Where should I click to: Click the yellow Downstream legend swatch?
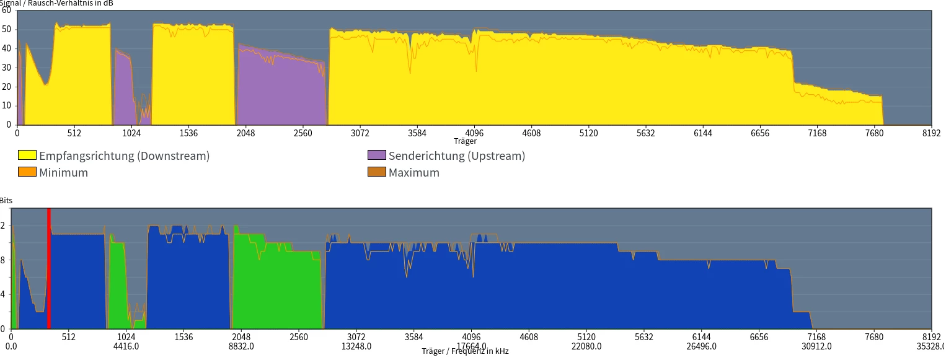[x=27, y=156]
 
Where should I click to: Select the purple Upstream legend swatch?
[x=377, y=156]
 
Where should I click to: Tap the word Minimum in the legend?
[x=63, y=172]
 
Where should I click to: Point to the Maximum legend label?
[x=413, y=172]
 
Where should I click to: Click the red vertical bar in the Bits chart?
[x=48, y=268]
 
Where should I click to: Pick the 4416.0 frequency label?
[x=126, y=346]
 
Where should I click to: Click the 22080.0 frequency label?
[x=586, y=346]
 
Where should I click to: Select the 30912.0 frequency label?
[x=816, y=346]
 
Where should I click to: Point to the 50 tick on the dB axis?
[x=7, y=29]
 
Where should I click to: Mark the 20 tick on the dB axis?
[x=7, y=87]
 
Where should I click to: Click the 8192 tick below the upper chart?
[x=931, y=133]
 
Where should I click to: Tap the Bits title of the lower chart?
[x=6, y=201]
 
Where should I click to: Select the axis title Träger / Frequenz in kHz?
[x=465, y=351]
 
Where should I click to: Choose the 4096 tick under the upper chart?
[x=474, y=133]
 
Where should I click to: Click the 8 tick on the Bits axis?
[x=4, y=260]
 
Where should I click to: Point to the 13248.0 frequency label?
[x=356, y=346]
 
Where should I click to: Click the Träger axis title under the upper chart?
[x=465, y=141]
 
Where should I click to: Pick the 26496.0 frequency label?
[x=701, y=346]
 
